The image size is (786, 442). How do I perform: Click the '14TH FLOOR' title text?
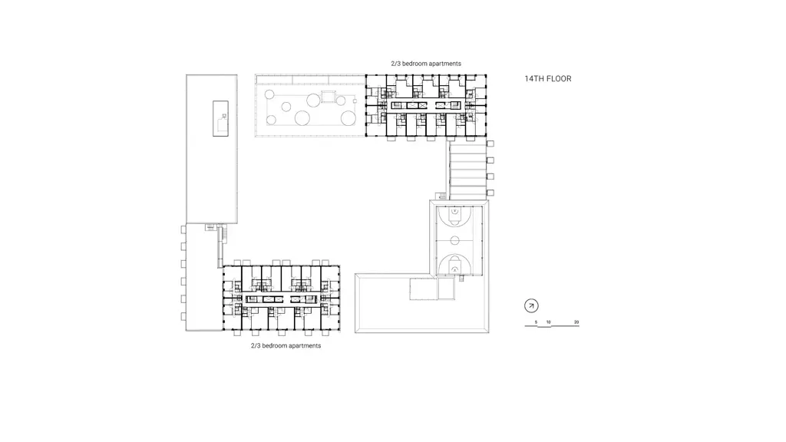coord(548,79)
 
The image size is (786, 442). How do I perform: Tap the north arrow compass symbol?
coord(531,305)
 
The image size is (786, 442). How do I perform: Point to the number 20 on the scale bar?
coord(576,322)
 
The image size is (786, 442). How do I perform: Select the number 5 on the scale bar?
coord(536,322)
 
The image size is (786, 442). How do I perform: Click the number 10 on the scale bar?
coord(548,322)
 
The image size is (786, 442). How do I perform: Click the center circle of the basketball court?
coord(454,241)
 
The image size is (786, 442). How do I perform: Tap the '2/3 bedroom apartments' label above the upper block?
coord(426,64)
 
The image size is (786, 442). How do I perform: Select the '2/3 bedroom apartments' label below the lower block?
coord(286,346)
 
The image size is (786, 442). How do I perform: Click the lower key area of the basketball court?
coord(454,265)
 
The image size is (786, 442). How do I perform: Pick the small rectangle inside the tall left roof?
coord(220,118)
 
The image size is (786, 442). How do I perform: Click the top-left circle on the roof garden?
coord(269,94)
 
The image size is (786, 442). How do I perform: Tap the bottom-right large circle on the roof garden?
coord(348,118)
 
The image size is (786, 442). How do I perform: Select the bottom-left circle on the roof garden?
coord(271,120)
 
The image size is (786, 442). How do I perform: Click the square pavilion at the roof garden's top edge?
coord(329,96)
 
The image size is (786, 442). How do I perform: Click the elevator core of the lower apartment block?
coord(282,299)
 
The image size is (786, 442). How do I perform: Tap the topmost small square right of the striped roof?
coord(490,143)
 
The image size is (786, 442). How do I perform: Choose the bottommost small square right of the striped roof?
coord(490,193)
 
